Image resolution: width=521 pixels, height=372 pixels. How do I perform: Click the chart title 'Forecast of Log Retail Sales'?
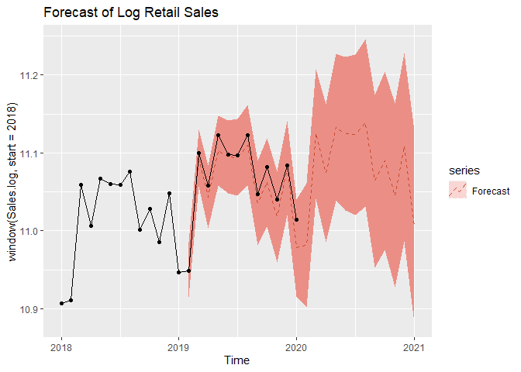[x=130, y=13]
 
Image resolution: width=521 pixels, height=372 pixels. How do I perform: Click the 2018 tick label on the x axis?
[x=61, y=346]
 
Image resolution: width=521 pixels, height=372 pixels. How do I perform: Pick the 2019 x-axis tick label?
[x=179, y=346]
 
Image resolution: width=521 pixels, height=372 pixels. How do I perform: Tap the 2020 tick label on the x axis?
[x=296, y=346]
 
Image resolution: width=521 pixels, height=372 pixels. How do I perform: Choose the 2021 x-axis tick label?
[x=414, y=346]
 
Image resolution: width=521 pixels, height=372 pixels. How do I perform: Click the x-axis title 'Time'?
[x=237, y=360]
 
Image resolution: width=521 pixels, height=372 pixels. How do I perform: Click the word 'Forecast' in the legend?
[x=490, y=191]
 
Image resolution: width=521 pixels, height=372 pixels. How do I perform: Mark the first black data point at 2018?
[x=61, y=303]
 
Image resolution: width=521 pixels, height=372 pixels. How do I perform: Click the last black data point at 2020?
[x=296, y=220]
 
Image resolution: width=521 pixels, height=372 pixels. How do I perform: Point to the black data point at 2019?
[x=179, y=272]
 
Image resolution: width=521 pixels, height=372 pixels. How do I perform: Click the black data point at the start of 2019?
[x=179, y=272]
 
